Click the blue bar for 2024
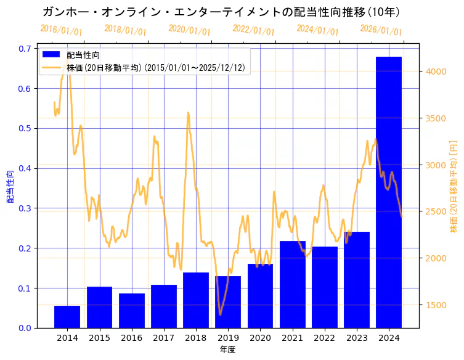(x=389, y=192)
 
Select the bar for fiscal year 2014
(x=67, y=316)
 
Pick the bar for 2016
(x=132, y=310)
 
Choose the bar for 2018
(x=196, y=300)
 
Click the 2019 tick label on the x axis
(x=228, y=338)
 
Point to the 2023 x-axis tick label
(x=357, y=338)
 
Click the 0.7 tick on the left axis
(x=25, y=49)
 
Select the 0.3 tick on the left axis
(x=25, y=208)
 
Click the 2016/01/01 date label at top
(x=61, y=30)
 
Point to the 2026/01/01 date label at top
(x=381, y=30)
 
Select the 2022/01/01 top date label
(x=253, y=30)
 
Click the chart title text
(x=221, y=12)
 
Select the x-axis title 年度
(x=227, y=350)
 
